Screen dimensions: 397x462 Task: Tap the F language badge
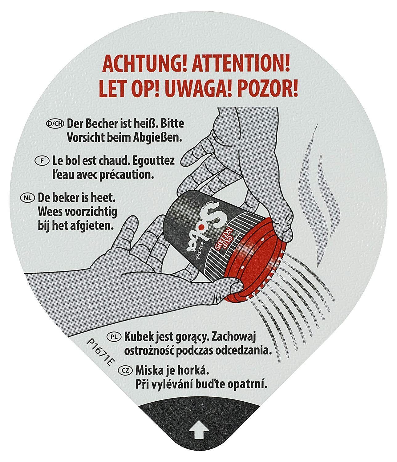pyautogui.click(x=42, y=161)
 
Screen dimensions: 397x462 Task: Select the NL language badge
pyautogui.click(x=28, y=197)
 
